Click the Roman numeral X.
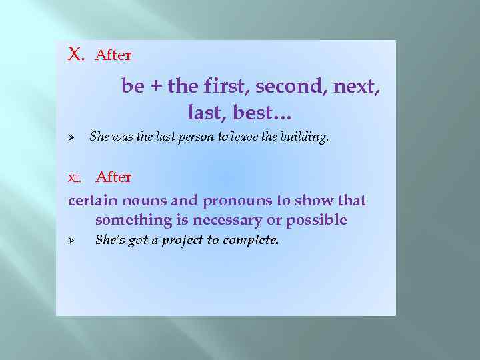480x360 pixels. [76, 54]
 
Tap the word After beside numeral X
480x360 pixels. [113, 55]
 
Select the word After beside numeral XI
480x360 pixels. [113, 177]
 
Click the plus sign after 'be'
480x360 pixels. [157, 87]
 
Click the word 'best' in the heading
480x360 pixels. [253, 113]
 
